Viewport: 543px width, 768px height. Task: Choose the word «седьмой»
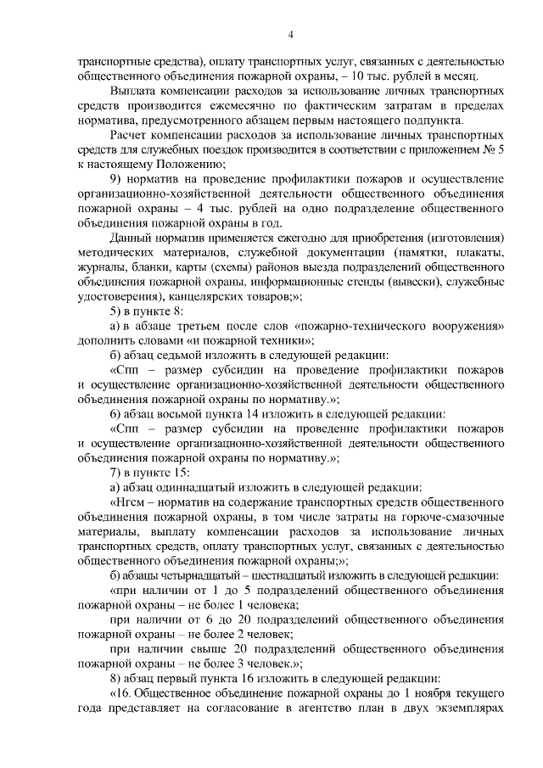[x=191, y=355]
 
